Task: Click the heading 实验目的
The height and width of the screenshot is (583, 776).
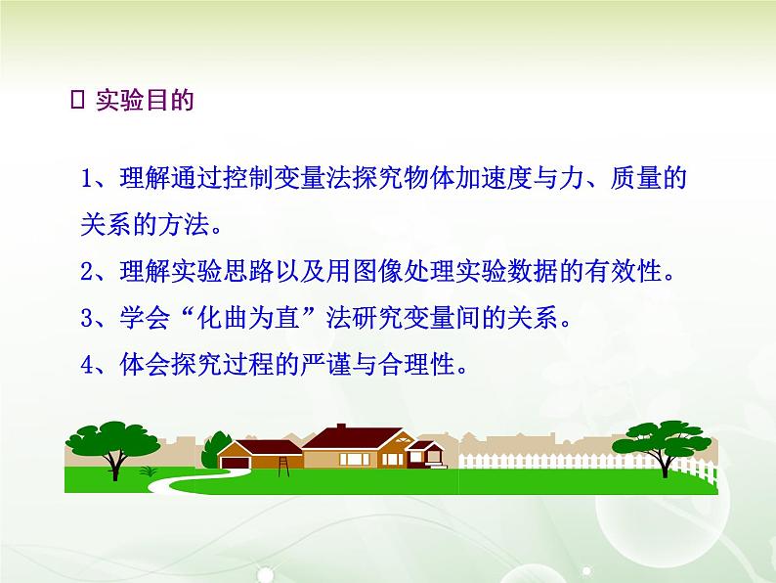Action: pyautogui.click(x=145, y=101)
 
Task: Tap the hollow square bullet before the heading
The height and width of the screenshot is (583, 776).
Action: pyautogui.click(x=78, y=100)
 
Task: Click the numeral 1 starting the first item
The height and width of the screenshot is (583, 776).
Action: pyautogui.click(x=87, y=178)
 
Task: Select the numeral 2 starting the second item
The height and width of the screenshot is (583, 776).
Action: pyautogui.click(x=87, y=271)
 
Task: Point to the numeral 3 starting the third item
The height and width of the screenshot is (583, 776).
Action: pyautogui.click(x=87, y=318)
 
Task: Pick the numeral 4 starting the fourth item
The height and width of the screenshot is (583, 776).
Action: pyautogui.click(x=87, y=365)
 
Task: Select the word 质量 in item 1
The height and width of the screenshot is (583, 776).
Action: pyautogui.click(x=635, y=178)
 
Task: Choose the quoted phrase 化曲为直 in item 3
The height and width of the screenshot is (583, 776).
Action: pyautogui.click(x=249, y=318)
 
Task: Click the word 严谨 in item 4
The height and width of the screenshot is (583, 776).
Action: pyautogui.click(x=325, y=364)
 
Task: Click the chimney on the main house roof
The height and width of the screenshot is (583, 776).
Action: pyautogui.click(x=341, y=426)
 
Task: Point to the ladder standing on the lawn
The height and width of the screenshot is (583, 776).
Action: pyautogui.click(x=283, y=467)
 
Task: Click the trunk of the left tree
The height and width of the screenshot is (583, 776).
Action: pyautogui.click(x=114, y=466)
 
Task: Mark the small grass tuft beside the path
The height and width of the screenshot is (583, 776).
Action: pyautogui.click(x=148, y=471)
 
